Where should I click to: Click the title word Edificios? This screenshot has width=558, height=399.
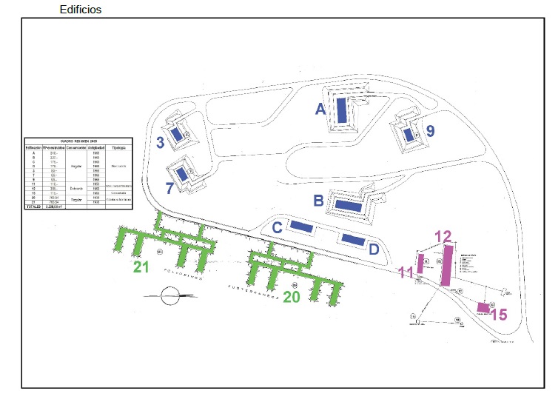[x=81, y=10]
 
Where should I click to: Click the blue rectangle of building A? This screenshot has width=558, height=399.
[x=342, y=110]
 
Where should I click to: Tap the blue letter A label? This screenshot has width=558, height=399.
[x=320, y=109]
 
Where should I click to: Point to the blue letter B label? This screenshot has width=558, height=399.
[x=318, y=200]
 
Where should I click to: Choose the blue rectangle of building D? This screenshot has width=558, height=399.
[x=352, y=240]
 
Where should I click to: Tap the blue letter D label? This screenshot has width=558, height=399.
[x=374, y=249]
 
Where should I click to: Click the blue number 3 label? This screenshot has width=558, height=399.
[x=161, y=142]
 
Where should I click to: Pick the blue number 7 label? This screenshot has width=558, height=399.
[x=169, y=188]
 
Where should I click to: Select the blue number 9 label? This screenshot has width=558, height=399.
[x=430, y=131]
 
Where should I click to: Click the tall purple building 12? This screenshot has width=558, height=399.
[x=447, y=264]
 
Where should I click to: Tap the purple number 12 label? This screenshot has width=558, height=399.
[x=443, y=236]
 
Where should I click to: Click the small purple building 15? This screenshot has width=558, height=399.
[x=483, y=307]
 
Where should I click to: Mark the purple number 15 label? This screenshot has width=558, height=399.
[x=499, y=315]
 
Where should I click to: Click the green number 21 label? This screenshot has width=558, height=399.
[x=141, y=266]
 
